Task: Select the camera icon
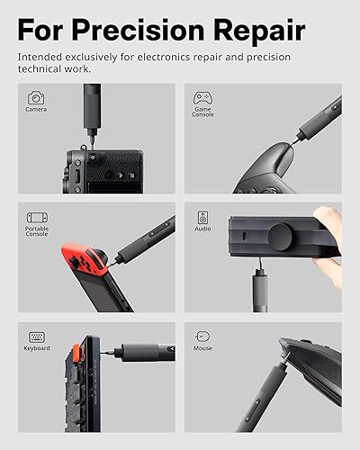[36, 97]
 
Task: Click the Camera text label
[36, 110]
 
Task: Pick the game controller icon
[202, 96]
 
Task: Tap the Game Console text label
[202, 112]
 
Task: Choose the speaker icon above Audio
[202, 217]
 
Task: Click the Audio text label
[202, 229]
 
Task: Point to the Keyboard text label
[36, 348]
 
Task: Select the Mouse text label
[202, 348]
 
